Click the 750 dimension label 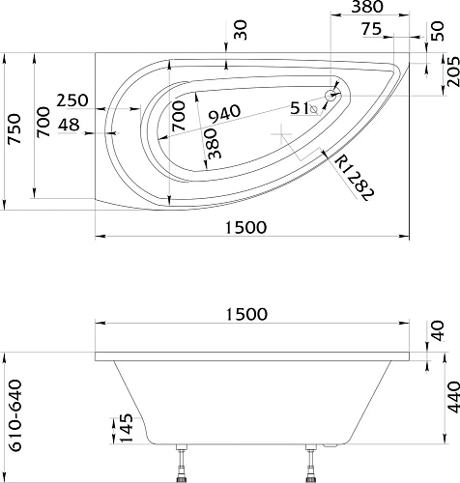(15, 128)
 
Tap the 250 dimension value (72, 100)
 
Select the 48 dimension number (69, 125)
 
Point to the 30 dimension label (241, 30)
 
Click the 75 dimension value (371, 29)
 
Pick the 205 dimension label (452, 71)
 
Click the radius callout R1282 (355, 178)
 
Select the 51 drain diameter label (300, 108)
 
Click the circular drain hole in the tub (331, 96)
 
